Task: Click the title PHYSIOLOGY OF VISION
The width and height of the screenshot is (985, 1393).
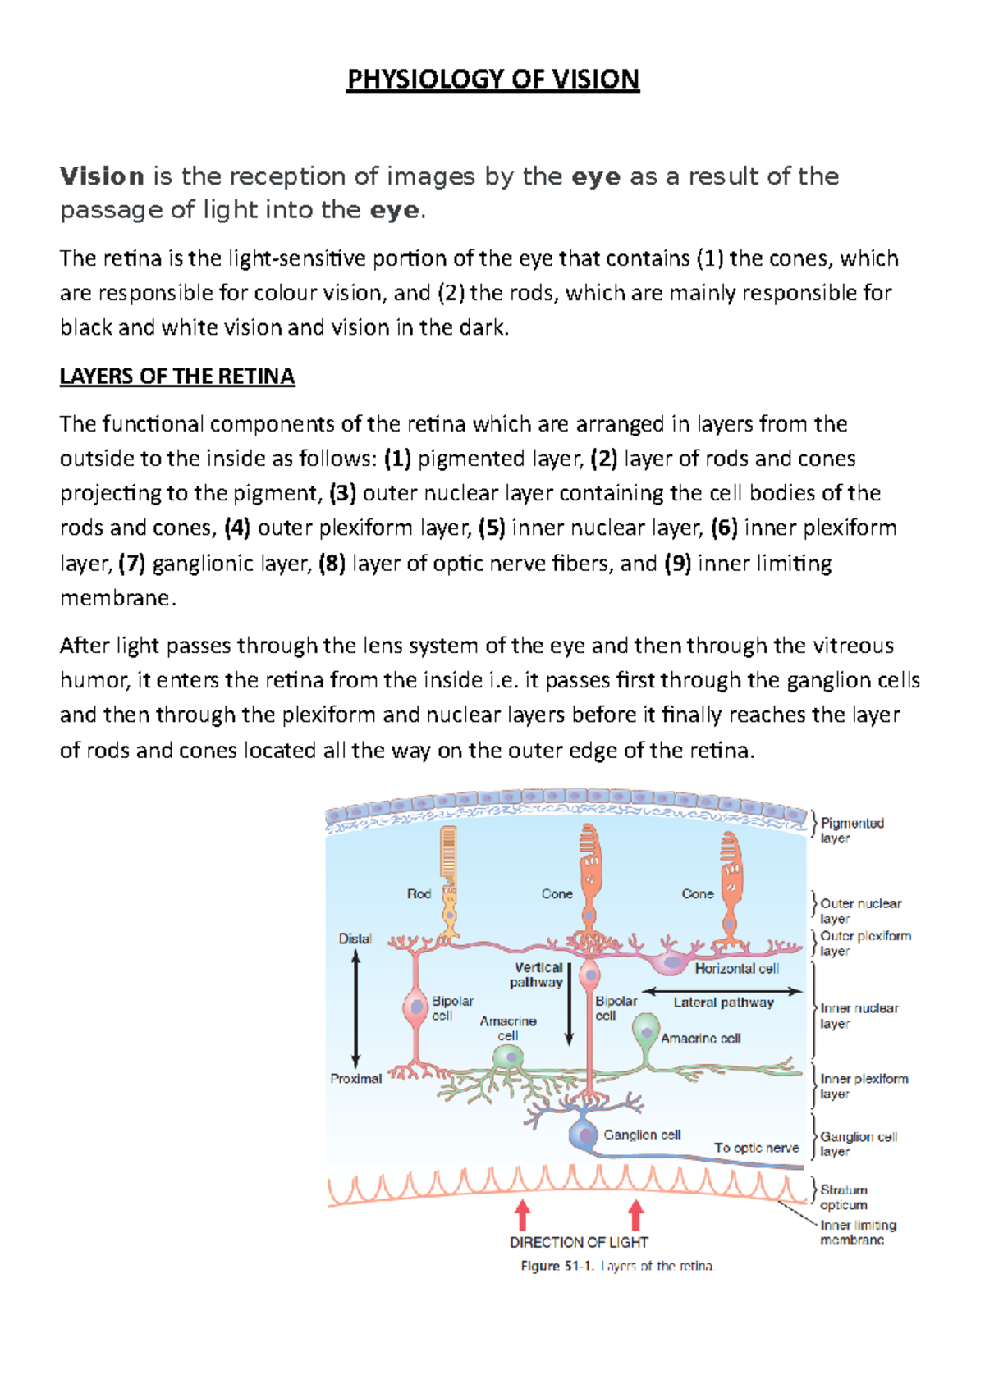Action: point(492,80)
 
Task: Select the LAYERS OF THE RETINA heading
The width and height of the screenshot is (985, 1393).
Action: point(177,377)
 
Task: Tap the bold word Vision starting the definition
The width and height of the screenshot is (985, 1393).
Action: point(102,176)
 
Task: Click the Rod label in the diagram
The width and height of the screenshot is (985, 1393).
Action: point(419,894)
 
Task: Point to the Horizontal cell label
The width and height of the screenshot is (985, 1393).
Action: point(736,969)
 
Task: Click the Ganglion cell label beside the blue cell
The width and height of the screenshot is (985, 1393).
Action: point(642,1135)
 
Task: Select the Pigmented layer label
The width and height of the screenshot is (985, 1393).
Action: point(851,830)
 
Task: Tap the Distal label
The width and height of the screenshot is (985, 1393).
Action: point(355,939)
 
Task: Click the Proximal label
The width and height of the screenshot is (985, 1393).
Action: point(355,1079)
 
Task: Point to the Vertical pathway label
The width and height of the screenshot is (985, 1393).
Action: point(538,975)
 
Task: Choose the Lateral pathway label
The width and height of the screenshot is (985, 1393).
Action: point(723,1003)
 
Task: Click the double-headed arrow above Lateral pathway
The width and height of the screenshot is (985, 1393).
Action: point(722,991)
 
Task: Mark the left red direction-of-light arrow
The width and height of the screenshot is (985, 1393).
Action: point(522,1215)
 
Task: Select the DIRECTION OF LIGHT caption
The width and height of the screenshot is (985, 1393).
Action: point(579,1242)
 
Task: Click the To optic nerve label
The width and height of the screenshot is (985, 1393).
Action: point(756,1148)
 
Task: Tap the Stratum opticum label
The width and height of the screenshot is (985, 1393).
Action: point(844,1197)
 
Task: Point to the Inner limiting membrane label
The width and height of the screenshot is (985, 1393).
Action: point(858,1232)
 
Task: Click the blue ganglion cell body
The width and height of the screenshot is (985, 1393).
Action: point(584,1135)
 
